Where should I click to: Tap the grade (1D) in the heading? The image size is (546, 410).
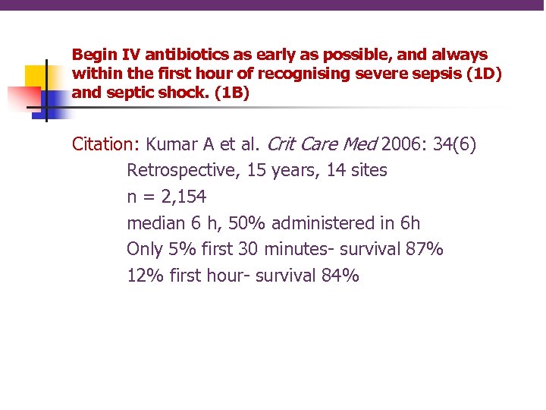(x=483, y=74)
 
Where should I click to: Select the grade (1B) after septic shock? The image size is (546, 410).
(x=231, y=93)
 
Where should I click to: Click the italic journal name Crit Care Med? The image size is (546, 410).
(x=322, y=144)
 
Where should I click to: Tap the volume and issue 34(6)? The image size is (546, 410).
(x=454, y=144)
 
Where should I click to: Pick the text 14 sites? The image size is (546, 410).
(x=357, y=171)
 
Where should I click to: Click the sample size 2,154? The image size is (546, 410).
(x=181, y=197)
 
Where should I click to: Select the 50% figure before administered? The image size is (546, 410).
(x=228, y=223)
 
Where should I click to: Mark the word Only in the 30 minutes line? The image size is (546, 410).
(x=144, y=249)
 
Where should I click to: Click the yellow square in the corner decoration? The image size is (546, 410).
(x=36, y=76)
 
